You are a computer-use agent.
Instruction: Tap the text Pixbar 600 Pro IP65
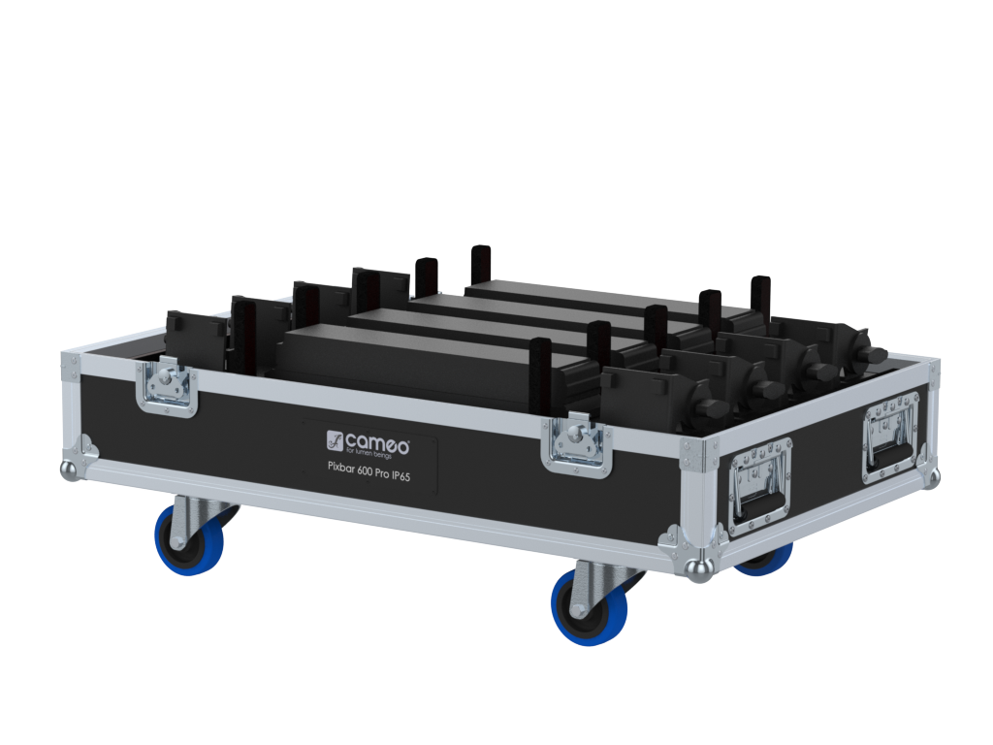click(x=368, y=473)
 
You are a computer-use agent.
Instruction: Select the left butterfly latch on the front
click(x=169, y=387)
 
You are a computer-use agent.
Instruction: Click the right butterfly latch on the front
click(x=578, y=444)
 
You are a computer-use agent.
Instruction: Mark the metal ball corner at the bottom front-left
click(x=68, y=469)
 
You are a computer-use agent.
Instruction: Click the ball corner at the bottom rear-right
click(x=932, y=477)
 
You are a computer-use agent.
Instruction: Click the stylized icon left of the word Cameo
click(x=336, y=442)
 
